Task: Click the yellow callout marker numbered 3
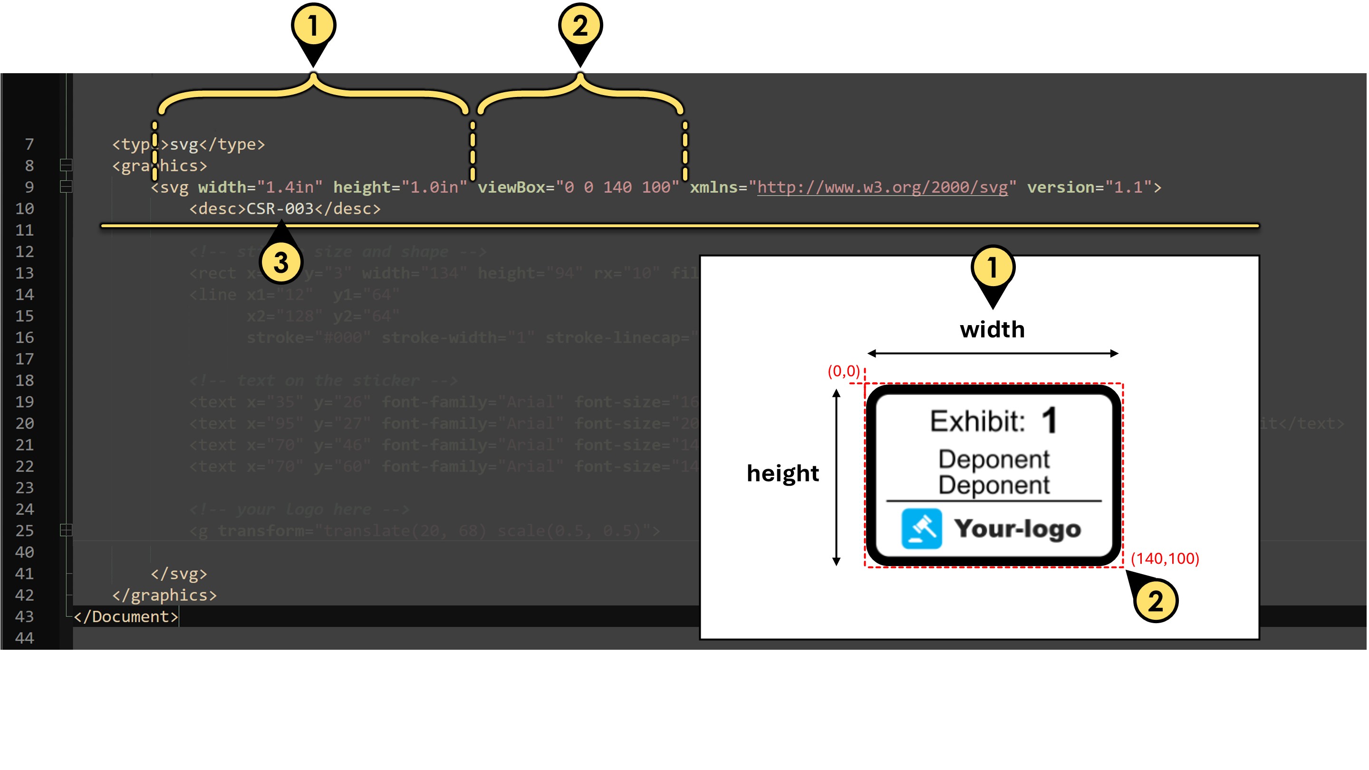coord(280,262)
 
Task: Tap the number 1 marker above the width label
coord(992,267)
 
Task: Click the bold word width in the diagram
coord(992,329)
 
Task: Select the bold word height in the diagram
coord(782,473)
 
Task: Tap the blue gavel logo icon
coord(921,529)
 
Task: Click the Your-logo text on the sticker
coord(1017,528)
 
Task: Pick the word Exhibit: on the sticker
coord(977,422)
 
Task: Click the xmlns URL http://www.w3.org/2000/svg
coord(882,187)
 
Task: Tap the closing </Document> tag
coord(125,616)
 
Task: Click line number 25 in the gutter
coord(24,531)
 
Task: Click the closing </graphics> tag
coord(164,595)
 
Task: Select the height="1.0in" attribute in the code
coord(400,187)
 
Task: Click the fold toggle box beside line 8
coord(66,165)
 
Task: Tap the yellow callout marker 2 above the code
coord(580,26)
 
